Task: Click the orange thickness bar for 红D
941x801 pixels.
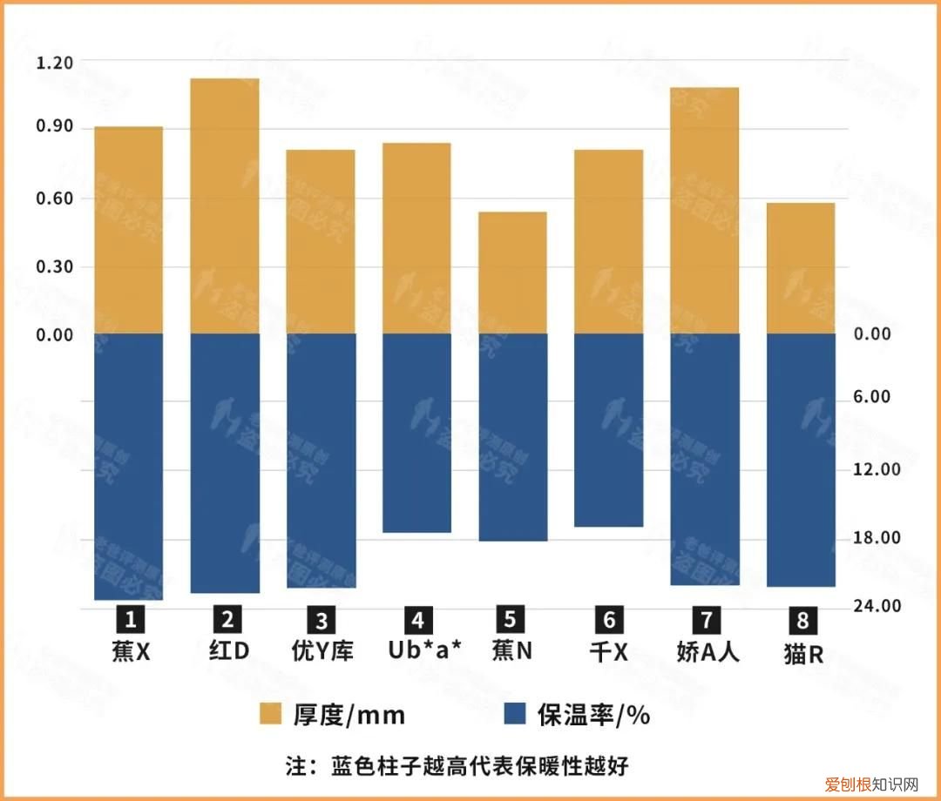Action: pyautogui.click(x=225, y=206)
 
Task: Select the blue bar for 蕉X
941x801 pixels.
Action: pyautogui.click(x=129, y=467)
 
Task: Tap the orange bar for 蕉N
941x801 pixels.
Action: pyautogui.click(x=512, y=273)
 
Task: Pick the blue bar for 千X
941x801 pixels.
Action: pyautogui.click(x=608, y=430)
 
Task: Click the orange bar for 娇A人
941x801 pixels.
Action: pyautogui.click(x=704, y=211)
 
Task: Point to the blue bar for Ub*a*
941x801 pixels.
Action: pyautogui.click(x=416, y=433)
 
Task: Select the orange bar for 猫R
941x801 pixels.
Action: pyautogui.click(x=800, y=268)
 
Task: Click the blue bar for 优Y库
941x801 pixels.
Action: pyautogui.click(x=321, y=461)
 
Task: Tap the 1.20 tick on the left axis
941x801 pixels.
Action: pyautogui.click(x=55, y=63)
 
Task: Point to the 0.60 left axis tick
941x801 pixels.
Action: pyautogui.click(x=55, y=199)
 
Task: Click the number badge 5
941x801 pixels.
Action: pyautogui.click(x=511, y=619)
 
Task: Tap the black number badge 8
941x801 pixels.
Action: pyautogui.click(x=802, y=621)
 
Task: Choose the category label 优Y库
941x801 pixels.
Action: pyautogui.click(x=322, y=651)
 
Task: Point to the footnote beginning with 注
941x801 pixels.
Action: pyautogui.click(x=457, y=766)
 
